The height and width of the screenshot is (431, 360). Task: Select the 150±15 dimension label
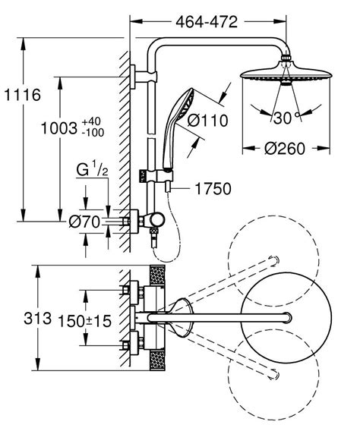pos(84,322)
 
